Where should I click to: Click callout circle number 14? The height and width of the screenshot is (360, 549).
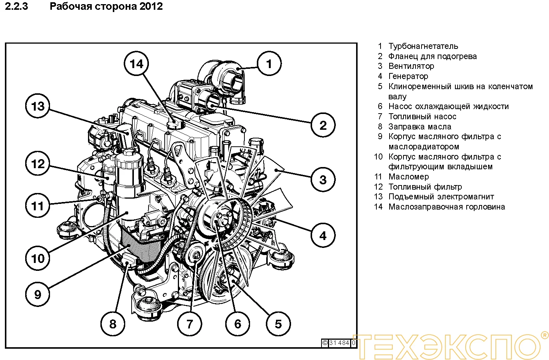pos(136,64)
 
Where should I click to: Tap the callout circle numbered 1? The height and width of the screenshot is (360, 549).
pos(269,64)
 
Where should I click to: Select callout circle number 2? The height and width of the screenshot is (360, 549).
pos(323,125)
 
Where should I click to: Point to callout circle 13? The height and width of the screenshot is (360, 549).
pos(38,106)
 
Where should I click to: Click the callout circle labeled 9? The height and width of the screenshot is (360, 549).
pos(38,294)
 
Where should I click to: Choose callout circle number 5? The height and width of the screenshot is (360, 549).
pos(278,324)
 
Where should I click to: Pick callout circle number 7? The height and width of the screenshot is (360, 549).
pos(190,324)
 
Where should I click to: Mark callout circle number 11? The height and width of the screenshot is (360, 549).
pos(38,206)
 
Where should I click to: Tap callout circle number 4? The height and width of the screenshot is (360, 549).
pos(323,236)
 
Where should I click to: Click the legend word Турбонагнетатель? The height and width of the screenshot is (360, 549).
pos(423,46)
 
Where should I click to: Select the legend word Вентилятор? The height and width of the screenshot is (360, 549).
pos(411,66)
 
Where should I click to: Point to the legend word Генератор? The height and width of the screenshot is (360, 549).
pos(408,76)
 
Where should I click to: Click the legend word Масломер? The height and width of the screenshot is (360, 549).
pos(408,177)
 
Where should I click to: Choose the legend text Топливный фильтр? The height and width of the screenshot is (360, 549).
pos(425,187)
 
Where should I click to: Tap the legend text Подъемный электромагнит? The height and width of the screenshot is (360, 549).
pos(441,197)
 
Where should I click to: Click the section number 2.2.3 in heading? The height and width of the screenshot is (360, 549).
pos(16,6)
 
